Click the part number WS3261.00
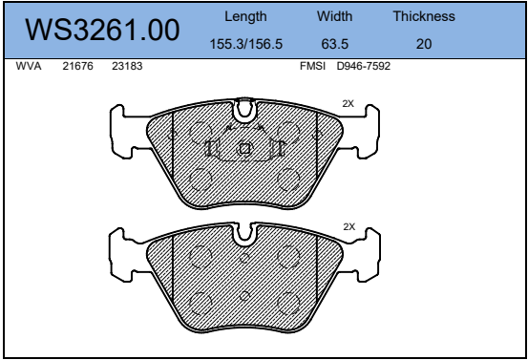pos(102,30)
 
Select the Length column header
pos(245,17)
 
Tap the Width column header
pos(334,16)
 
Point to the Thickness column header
pos(424,16)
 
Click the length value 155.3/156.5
pos(245,44)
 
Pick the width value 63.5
pos(335,44)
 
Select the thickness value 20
pos(424,44)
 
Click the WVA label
pos(29,66)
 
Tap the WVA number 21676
pos(77,66)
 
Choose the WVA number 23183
pos(127,66)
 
